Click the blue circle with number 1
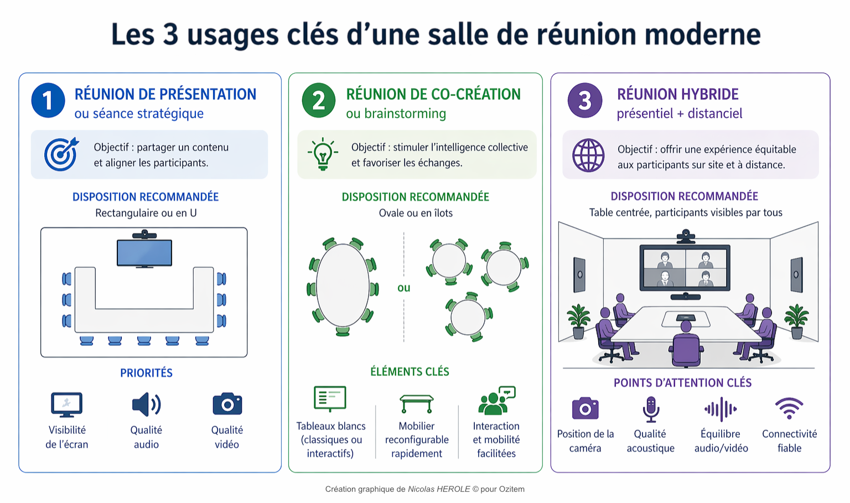click(48, 100)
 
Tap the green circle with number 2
click(319, 100)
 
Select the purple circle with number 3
click(585, 100)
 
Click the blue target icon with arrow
click(61, 154)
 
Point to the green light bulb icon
click(323, 154)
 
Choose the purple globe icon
click(588, 155)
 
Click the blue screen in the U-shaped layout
click(144, 253)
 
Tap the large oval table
click(343, 286)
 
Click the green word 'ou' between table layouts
click(404, 288)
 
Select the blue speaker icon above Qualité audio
click(147, 405)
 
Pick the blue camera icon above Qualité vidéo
click(227, 403)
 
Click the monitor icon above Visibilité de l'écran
click(67, 405)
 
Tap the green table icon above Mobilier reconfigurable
click(416, 403)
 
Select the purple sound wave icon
click(721, 409)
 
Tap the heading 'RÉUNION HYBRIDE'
click(678, 94)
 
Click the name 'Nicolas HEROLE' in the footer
click(439, 489)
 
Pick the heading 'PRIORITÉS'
click(147, 373)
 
